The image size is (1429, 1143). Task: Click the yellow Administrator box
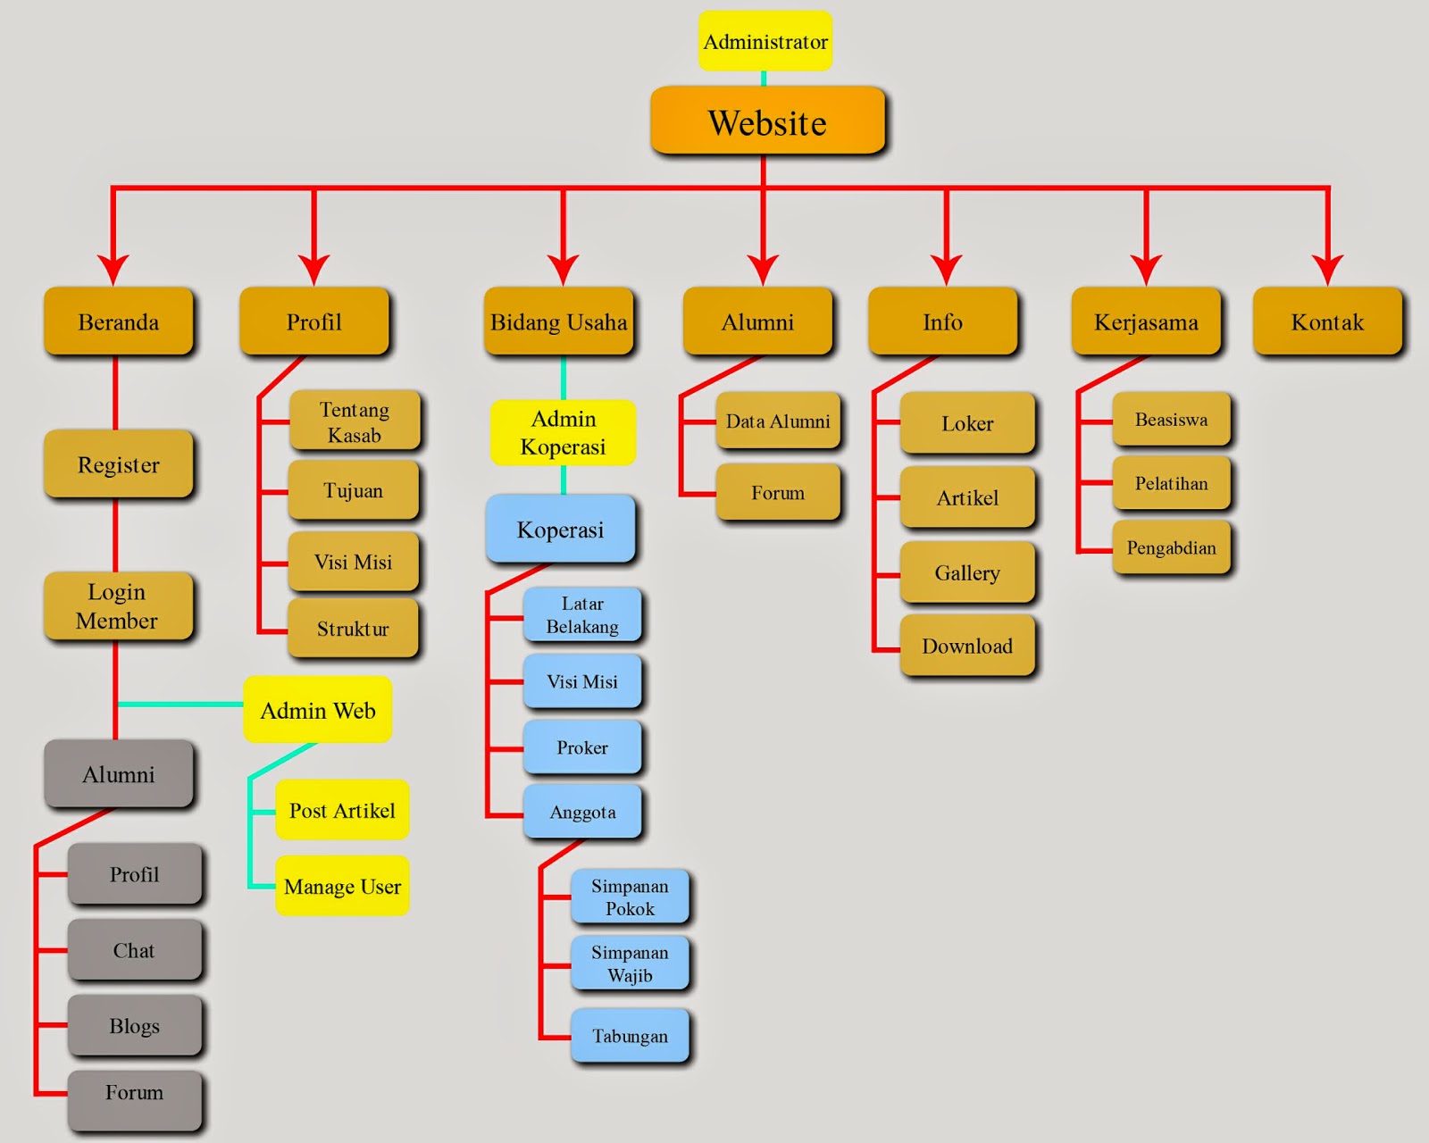pyautogui.click(x=765, y=41)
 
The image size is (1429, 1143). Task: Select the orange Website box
pyautogui.click(x=767, y=121)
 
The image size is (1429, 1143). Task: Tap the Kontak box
pyautogui.click(x=1327, y=321)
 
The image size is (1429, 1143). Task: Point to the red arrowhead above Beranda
pyautogui.click(x=113, y=268)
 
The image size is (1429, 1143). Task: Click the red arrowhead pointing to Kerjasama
pyautogui.click(x=1146, y=268)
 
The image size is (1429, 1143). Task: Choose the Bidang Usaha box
pyautogui.click(x=559, y=321)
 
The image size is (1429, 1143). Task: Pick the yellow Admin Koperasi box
pyautogui.click(x=563, y=432)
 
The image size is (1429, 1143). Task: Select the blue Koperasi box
pyautogui.click(x=560, y=529)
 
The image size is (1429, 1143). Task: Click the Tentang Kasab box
pyautogui.click(x=354, y=421)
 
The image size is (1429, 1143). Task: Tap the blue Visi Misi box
pyautogui.click(x=582, y=681)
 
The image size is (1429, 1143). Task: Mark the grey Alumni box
pyautogui.click(x=119, y=773)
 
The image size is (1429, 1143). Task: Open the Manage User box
pyautogui.click(x=342, y=886)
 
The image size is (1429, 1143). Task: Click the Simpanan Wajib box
pyautogui.click(x=630, y=964)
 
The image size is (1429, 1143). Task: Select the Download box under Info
pyautogui.click(x=967, y=646)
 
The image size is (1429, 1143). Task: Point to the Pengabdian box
pyautogui.click(x=1171, y=547)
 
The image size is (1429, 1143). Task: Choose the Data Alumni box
pyautogui.click(x=778, y=421)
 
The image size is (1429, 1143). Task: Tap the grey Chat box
pyautogui.click(x=134, y=950)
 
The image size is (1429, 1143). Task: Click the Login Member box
pyautogui.click(x=117, y=606)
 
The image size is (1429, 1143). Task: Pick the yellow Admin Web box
pyautogui.click(x=318, y=710)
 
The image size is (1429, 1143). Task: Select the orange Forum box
pyautogui.click(x=778, y=492)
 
